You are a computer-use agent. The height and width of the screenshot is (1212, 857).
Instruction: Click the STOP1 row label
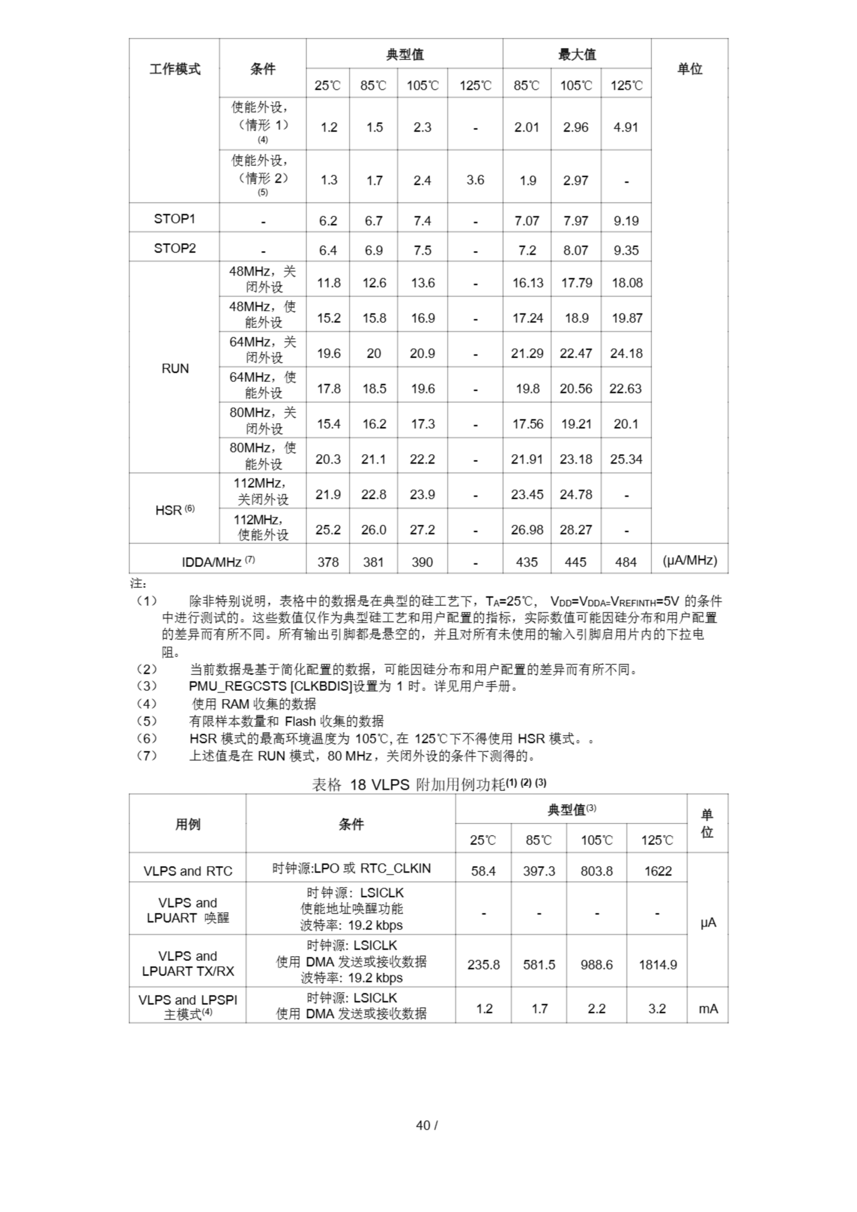[174, 219]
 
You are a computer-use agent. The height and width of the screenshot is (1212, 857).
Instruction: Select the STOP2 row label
[174, 248]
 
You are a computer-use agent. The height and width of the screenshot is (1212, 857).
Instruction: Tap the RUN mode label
[175, 368]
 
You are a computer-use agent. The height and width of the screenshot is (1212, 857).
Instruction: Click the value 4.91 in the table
[626, 127]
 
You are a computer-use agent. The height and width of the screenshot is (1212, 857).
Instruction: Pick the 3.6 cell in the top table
[475, 180]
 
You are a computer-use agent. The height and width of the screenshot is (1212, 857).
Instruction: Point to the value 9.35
[626, 250]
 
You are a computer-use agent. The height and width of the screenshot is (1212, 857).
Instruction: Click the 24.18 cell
[626, 353]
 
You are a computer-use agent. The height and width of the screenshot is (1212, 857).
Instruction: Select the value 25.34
[626, 459]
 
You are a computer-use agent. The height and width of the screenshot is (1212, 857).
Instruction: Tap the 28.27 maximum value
[576, 529]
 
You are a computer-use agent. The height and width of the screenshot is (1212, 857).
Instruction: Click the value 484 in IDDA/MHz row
[626, 562]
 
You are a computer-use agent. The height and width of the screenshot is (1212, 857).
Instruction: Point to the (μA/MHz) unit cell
[689, 561]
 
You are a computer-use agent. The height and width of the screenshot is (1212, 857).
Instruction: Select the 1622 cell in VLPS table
[657, 871]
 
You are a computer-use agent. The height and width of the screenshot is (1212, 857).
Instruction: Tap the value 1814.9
[657, 964]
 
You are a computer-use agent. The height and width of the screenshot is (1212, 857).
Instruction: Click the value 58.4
[483, 871]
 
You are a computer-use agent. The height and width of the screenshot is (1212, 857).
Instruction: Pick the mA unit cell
[707, 1009]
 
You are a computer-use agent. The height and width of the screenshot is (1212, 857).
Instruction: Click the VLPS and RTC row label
[187, 871]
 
